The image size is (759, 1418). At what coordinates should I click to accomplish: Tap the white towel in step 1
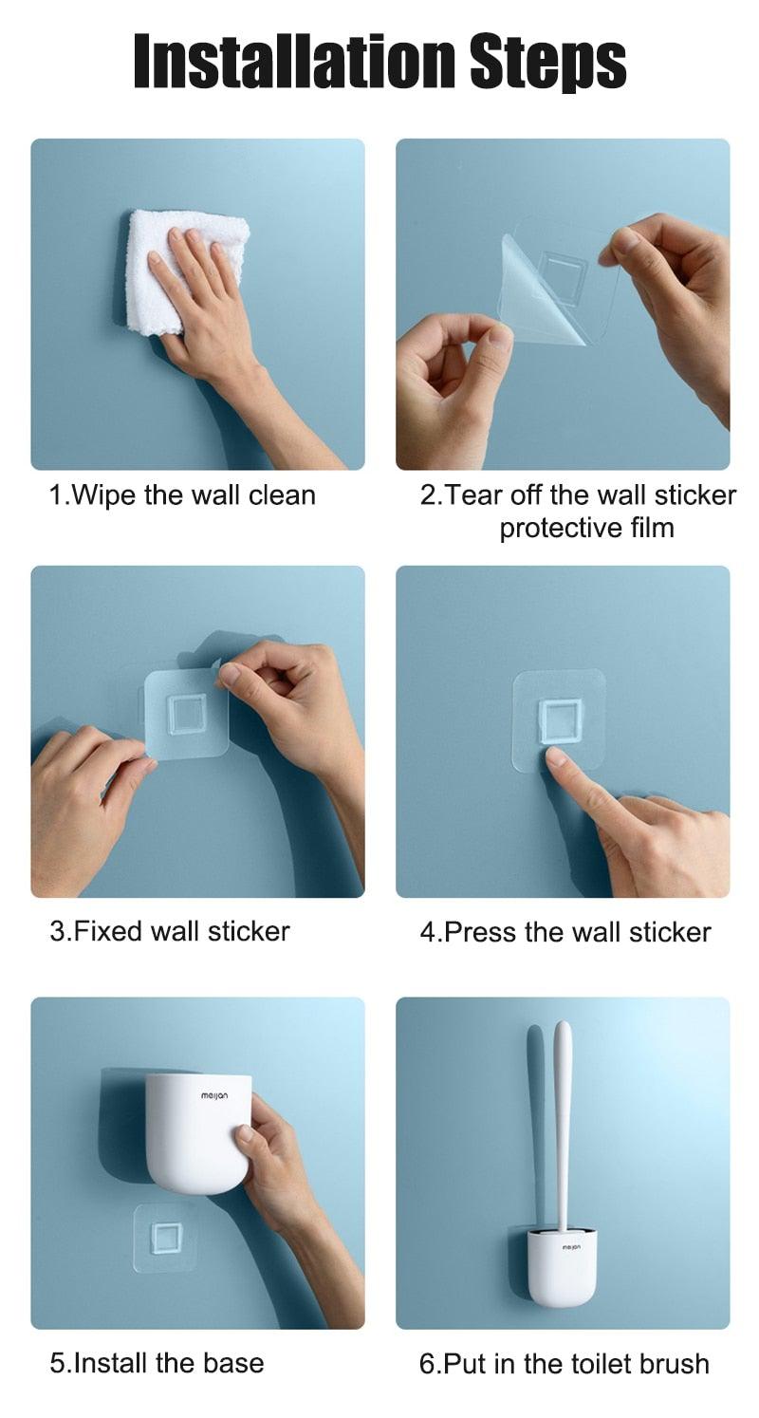177,269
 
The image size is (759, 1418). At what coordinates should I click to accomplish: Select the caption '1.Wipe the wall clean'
182,495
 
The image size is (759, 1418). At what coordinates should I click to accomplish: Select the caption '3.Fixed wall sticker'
170,931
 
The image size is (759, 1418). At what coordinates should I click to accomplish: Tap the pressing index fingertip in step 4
556,756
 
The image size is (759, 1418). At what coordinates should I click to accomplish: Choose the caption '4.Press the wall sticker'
565,932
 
